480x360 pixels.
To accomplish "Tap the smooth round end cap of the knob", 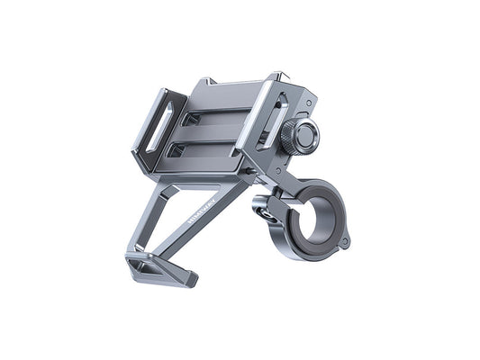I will point(307,134).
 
